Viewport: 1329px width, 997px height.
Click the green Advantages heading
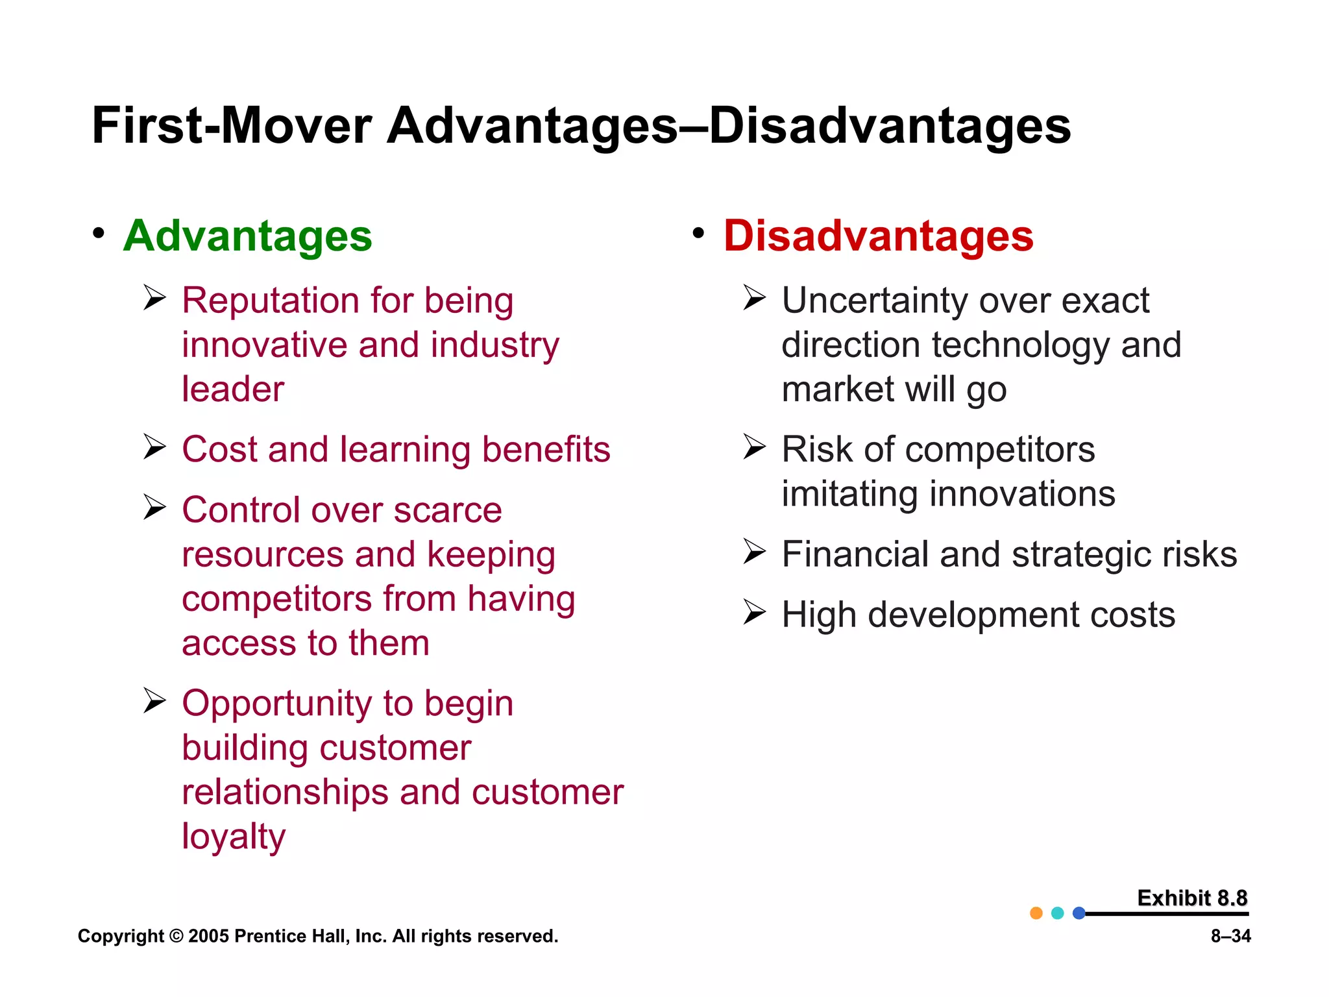[x=247, y=236]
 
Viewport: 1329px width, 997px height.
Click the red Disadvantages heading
[x=878, y=236]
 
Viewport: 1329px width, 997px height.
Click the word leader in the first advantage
[x=233, y=389]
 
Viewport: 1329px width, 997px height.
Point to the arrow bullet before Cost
[x=154, y=447]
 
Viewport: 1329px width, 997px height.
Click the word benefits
[x=546, y=449]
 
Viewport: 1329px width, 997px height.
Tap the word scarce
[x=448, y=510]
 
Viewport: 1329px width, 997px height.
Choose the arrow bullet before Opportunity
[x=154, y=701]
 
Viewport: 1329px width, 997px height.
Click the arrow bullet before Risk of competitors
[x=754, y=447]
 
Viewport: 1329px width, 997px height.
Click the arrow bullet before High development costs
[x=754, y=612]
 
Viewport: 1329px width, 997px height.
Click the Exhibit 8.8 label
[x=1192, y=898]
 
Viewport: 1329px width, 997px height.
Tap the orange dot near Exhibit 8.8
[x=1036, y=913]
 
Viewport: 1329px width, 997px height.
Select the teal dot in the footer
[x=1058, y=913]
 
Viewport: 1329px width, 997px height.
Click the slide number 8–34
[x=1230, y=936]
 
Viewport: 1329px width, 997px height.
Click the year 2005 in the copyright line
[x=208, y=936]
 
